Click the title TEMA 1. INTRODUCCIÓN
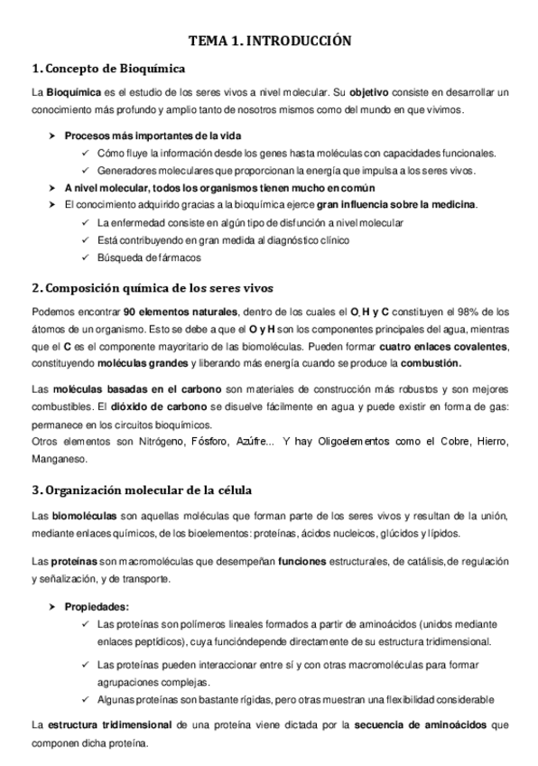(269, 41)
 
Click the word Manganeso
(59, 458)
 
